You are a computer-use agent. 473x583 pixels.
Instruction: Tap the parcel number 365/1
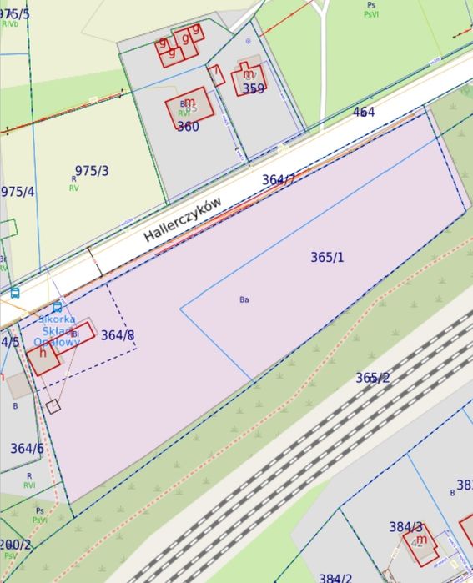(x=327, y=257)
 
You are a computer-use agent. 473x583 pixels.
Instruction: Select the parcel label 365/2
(x=372, y=378)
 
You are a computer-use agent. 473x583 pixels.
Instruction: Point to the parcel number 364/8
(x=118, y=335)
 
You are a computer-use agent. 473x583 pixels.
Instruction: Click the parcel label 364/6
(x=27, y=449)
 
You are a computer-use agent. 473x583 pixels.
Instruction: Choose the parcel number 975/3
(x=92, y=171)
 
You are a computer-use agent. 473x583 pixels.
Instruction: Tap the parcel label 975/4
(x=18, y=192)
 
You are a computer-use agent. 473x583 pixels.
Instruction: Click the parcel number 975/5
(x=13, y=14)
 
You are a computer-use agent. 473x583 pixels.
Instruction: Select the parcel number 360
(x=188, y=127)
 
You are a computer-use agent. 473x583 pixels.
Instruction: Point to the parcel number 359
(x=254, y=88)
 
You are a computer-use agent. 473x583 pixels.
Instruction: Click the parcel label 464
(x=364, y=112)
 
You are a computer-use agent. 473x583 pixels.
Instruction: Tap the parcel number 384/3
(x=406, y=527)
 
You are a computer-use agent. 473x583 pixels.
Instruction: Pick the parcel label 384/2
(x=335, y=577)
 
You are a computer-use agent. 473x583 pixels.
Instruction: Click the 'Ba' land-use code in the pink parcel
(x=244, y=299)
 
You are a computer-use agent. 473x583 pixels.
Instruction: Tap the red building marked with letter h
(x=43, y=357)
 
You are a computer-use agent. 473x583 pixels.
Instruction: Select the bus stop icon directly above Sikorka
(x=57, y=307)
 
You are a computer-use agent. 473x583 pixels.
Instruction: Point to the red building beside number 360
(x=189, y=107)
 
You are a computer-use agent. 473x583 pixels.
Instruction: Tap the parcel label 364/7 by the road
(x=279, y=179)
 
